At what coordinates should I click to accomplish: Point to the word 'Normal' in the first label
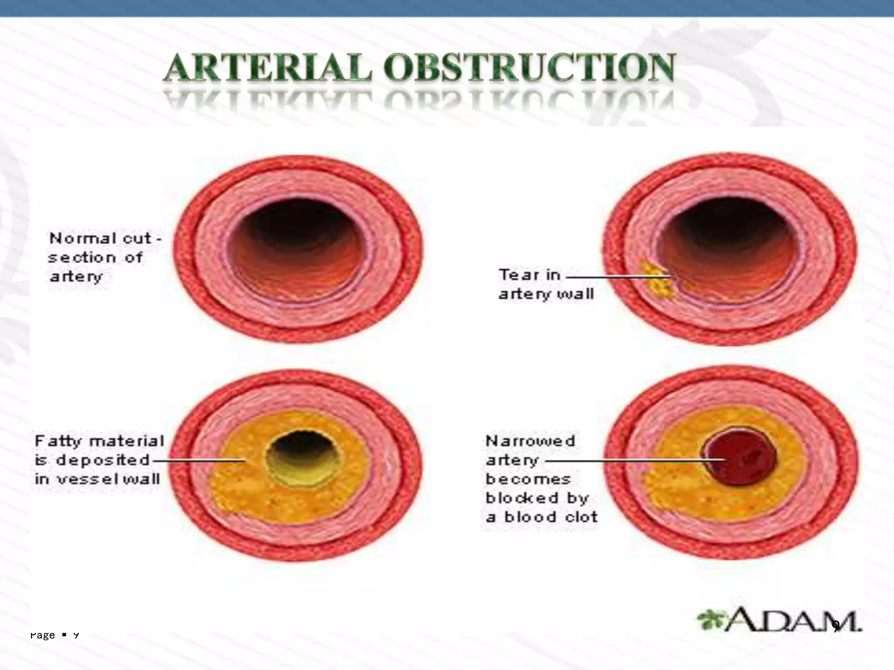pyautogui.click(x=82, y=239)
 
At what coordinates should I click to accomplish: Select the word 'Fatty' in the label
pyautogui.click(x=58, y=441)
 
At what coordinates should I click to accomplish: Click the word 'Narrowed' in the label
pyautogui.click(x=530, y=441)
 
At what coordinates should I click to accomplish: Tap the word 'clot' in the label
pyautogui.click(x=581, y=517)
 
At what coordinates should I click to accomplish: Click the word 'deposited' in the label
pyautogui.click(x=103, y=460)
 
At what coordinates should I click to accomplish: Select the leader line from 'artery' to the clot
pyautogui.click(x=633, y=460)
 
